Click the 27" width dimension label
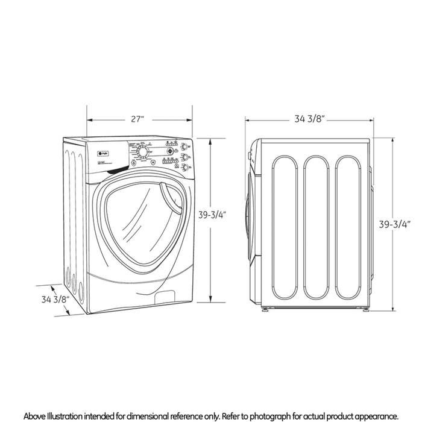(138, 119)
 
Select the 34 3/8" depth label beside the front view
(55, 299)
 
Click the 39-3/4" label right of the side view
(394, 225)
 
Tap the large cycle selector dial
(142, 152)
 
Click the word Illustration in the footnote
(74, 417)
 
